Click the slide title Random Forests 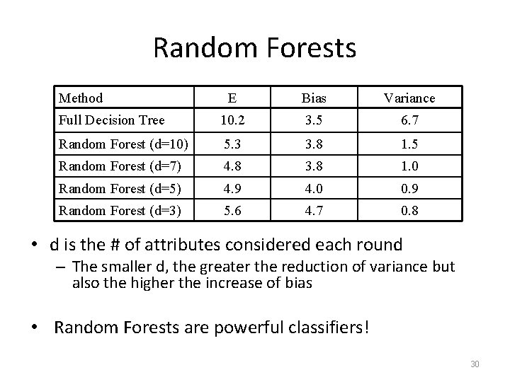(254, 48)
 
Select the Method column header (81, 98)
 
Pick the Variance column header (410, 98)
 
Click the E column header (232, 98)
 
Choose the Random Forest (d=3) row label (120, 210)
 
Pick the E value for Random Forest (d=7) (232, 167)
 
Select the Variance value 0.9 (410, 189)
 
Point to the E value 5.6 (232, 210)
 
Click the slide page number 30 (475, 364)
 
